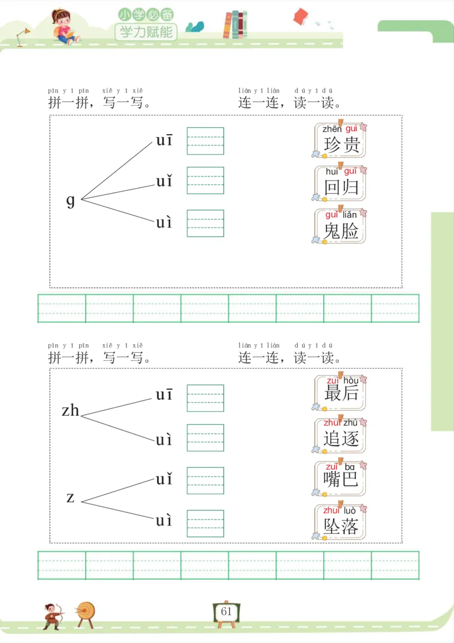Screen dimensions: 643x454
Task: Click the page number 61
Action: coord(226,612)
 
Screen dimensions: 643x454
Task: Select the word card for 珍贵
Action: coord(340,140)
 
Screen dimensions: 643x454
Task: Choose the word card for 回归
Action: coord(340,183)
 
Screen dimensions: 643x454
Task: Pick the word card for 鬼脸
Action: coord(340,226)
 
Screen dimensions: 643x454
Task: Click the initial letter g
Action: coord(70,200)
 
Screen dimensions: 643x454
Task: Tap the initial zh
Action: coord(70,410)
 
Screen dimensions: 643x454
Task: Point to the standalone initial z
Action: coord(70,498)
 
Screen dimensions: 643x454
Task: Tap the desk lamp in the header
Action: coord(23,35)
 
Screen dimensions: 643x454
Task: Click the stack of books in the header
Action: coord(235,24)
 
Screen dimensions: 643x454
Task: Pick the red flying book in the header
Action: coord(300,16)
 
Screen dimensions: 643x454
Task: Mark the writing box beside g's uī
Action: coord(205,141)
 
